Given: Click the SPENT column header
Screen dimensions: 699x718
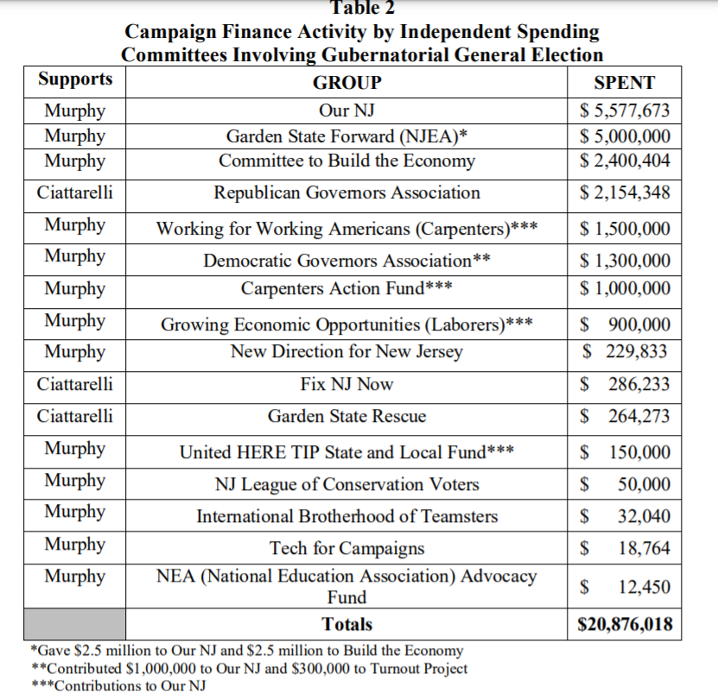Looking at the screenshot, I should [x=625, y=84].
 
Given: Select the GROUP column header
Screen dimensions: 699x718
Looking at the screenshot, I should [x=346, y=84].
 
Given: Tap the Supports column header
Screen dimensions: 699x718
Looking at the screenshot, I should [x=75, y=79].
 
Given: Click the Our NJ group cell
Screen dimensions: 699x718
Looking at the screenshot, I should [x=346, y=111].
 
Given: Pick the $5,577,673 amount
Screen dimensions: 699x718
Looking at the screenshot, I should [x=625, y=111].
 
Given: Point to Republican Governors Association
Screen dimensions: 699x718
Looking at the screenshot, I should [x=346, y=192].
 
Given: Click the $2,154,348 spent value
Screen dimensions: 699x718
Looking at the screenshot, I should [x=625, y=192].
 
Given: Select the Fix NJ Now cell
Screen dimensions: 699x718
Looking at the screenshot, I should [x=346, y=384].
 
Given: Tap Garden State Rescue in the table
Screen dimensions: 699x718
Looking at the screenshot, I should [x=346, y=416].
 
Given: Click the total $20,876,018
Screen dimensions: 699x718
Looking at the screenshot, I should [x=625, y=624].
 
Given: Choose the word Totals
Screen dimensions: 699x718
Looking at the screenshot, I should [x=346, y=624].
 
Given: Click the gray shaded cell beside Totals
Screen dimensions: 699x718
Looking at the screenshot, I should [x=76, y=624].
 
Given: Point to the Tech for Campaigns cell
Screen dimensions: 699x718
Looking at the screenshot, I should [x=346, y=548].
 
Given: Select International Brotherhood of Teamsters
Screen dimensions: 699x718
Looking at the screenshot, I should [x=346, y=516].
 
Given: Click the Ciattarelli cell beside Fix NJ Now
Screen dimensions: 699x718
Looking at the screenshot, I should [x=75, y=383].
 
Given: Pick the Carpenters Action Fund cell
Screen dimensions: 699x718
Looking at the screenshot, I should [x=346, y=288].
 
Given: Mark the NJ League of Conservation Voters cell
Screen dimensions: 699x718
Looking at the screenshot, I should [x=346, y=484].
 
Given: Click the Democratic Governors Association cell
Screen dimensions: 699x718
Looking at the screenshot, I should [x=346, y=260].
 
